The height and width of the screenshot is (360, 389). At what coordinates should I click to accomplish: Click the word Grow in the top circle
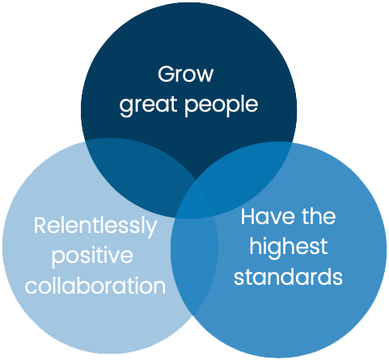click(185, 74)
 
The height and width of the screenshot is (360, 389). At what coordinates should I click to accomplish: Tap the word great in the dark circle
click(148, 106)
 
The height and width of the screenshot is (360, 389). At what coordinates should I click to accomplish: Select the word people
click(222, 105)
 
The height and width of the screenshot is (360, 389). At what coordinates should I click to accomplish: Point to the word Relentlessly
click(95, 227)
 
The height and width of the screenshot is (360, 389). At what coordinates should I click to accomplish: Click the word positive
click(92, 256)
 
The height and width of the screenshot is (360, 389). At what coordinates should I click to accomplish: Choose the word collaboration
click(95, 286)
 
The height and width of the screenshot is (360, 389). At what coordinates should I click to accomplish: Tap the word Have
click(268, 216)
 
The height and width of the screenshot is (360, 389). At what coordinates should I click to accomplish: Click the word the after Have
click(319, 216)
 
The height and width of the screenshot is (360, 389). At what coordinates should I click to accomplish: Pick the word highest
click(289, 247)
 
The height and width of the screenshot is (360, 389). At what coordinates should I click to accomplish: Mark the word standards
click(288, 277)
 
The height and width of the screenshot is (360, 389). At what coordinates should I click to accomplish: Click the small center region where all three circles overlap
click(197, 201)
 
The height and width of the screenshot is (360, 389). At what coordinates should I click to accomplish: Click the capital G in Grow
click(166, 74)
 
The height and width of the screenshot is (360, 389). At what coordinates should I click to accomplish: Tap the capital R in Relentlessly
click(40, 226)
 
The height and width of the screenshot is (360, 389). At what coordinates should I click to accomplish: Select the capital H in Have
click(248, 216)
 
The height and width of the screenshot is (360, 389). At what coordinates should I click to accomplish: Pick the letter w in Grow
click(204, 76)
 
